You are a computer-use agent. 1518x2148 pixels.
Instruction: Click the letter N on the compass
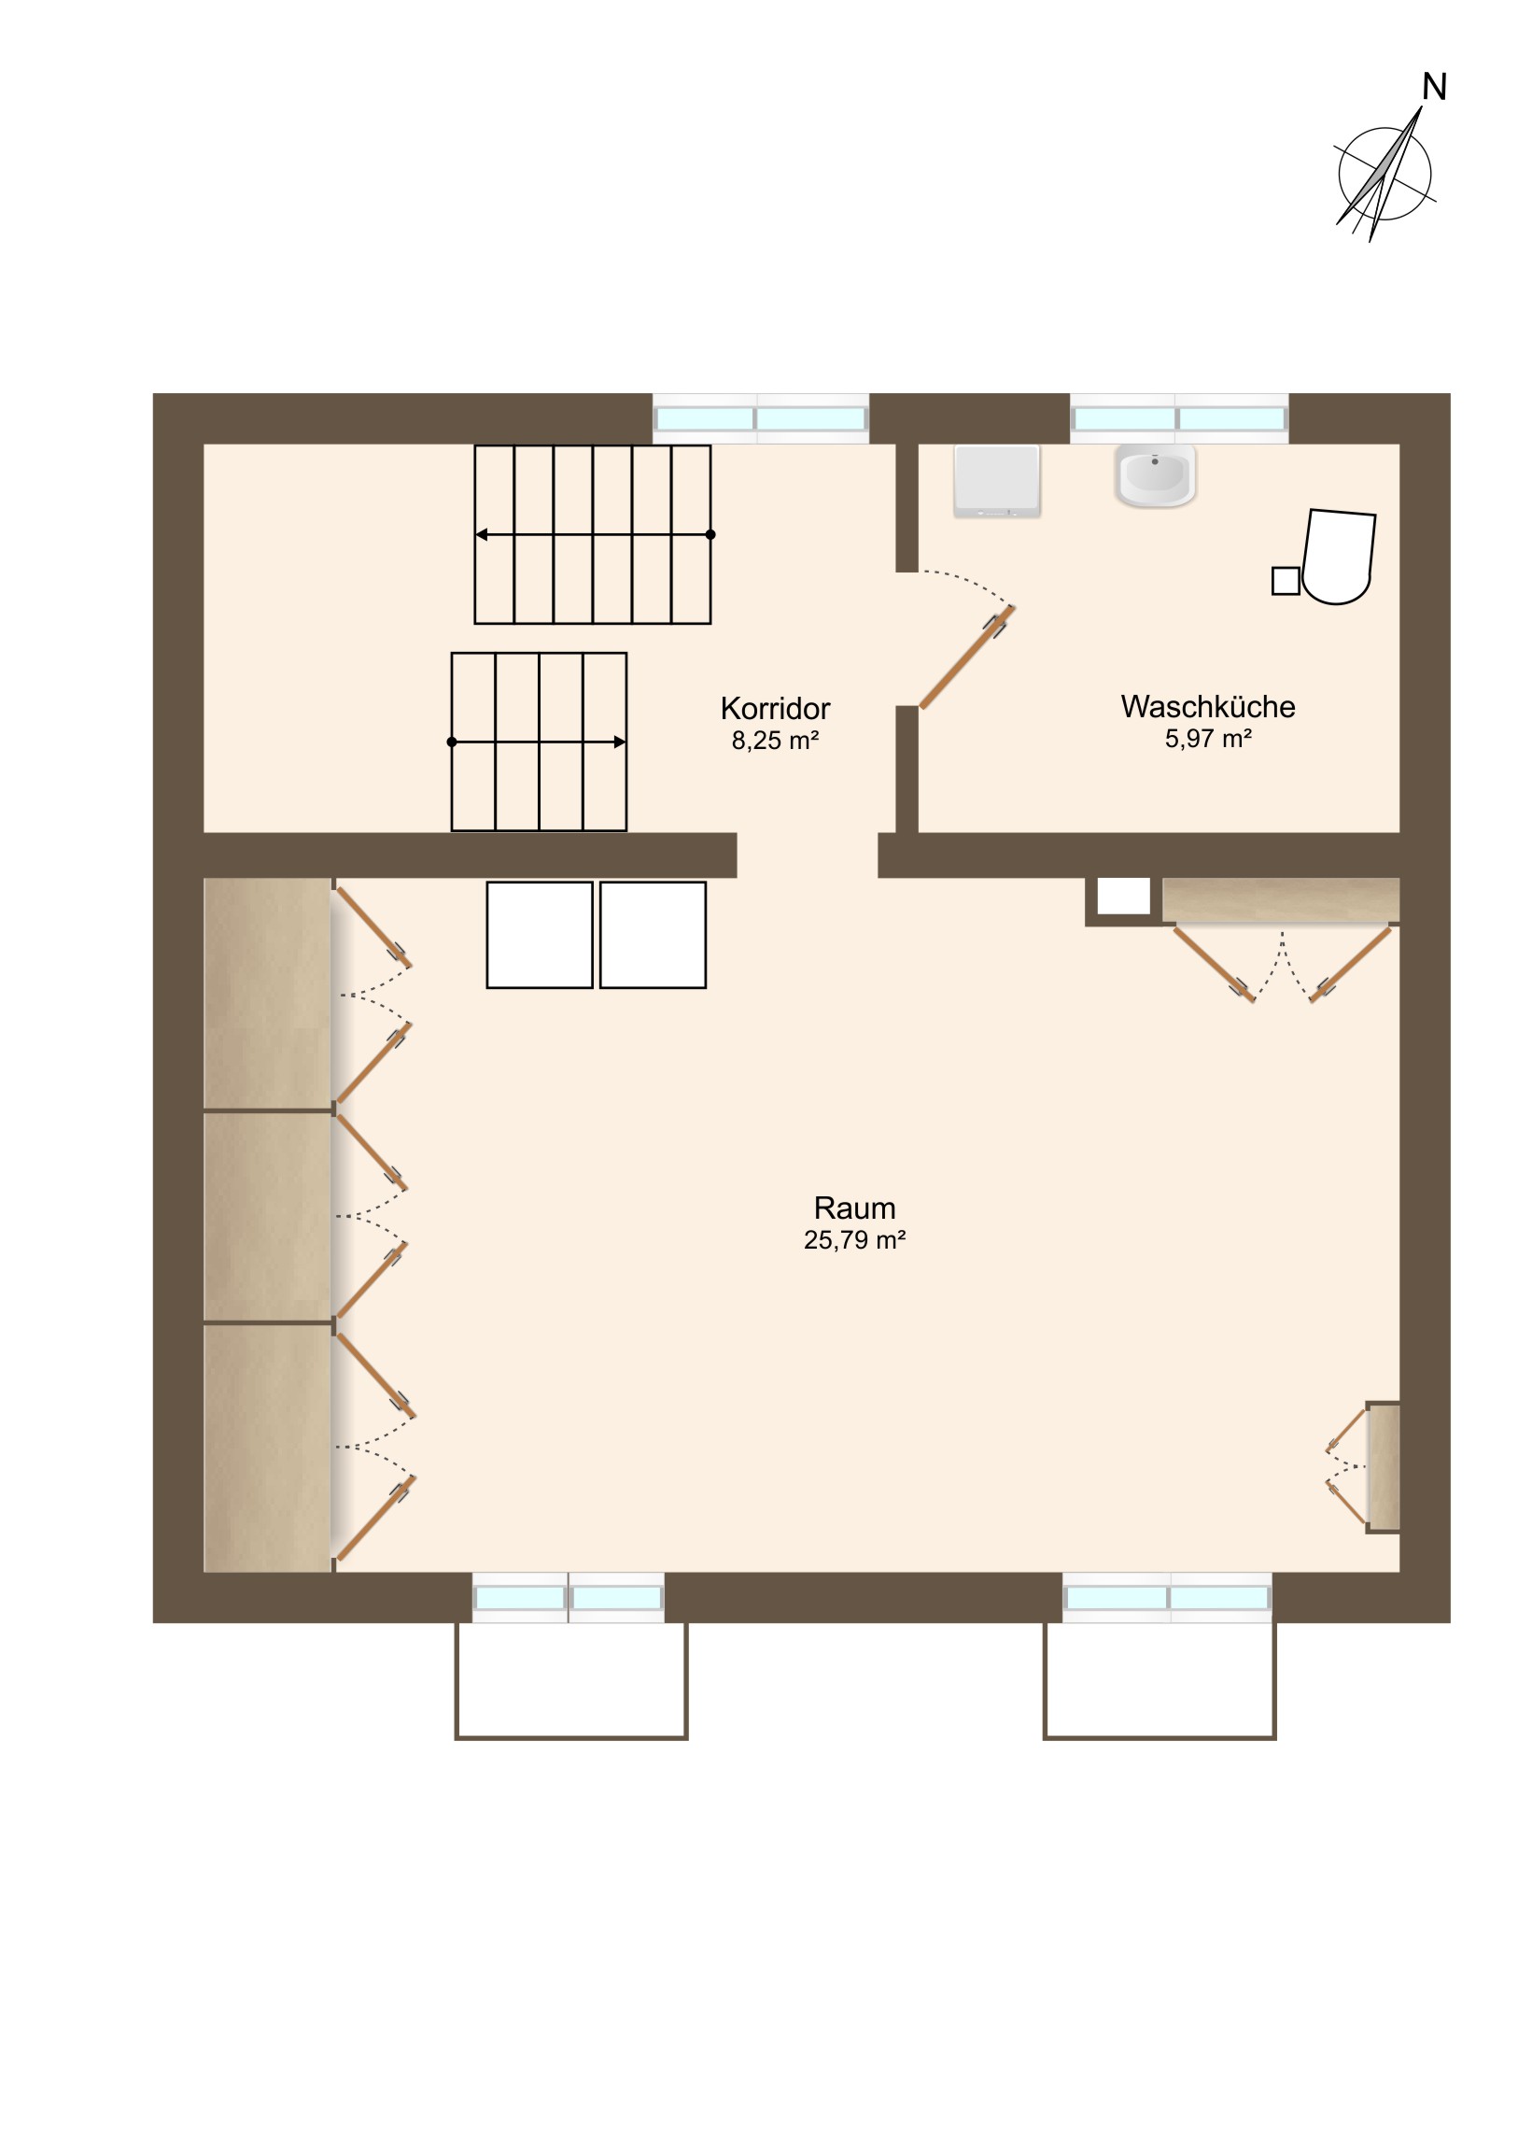click(x=1434, y=87)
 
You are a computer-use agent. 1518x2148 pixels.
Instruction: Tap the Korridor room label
click(x=775, y=708)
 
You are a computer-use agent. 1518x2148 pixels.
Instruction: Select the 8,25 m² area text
click(x=775, y=741)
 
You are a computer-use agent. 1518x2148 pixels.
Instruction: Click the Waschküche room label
click(x=1207, y=706)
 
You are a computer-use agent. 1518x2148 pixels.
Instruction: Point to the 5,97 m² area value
click(x=1207, y=739)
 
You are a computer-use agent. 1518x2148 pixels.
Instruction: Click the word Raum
click(x=854, y=1208)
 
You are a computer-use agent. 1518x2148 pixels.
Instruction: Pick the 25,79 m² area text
click(x=854, y=1240)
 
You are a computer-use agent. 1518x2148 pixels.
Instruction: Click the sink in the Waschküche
click(x=1155, y=475)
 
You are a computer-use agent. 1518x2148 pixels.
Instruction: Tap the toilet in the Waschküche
click(x=1339, y=557)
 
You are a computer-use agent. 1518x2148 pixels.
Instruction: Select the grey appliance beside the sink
click(x=996, y=481)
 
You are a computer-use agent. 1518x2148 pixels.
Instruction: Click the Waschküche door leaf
click(x=967, y=657)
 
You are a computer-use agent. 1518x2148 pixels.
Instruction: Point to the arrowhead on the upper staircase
click(x=482, y=535)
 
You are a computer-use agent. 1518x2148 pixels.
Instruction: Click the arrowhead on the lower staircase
click(x=619, y=742)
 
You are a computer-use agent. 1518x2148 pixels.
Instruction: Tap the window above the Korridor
click(x=761, y=418)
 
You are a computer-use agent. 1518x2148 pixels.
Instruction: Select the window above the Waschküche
click(x=1178, y=418)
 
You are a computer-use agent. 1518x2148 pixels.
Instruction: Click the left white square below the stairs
click(x=540, y=935)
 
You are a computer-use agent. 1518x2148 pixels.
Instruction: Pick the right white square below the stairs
click(x=653, y=935)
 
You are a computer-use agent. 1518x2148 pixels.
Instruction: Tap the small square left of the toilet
click(x=1286, y=581)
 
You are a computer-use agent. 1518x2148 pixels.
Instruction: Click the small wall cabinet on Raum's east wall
click(x=1383, y=1467)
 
